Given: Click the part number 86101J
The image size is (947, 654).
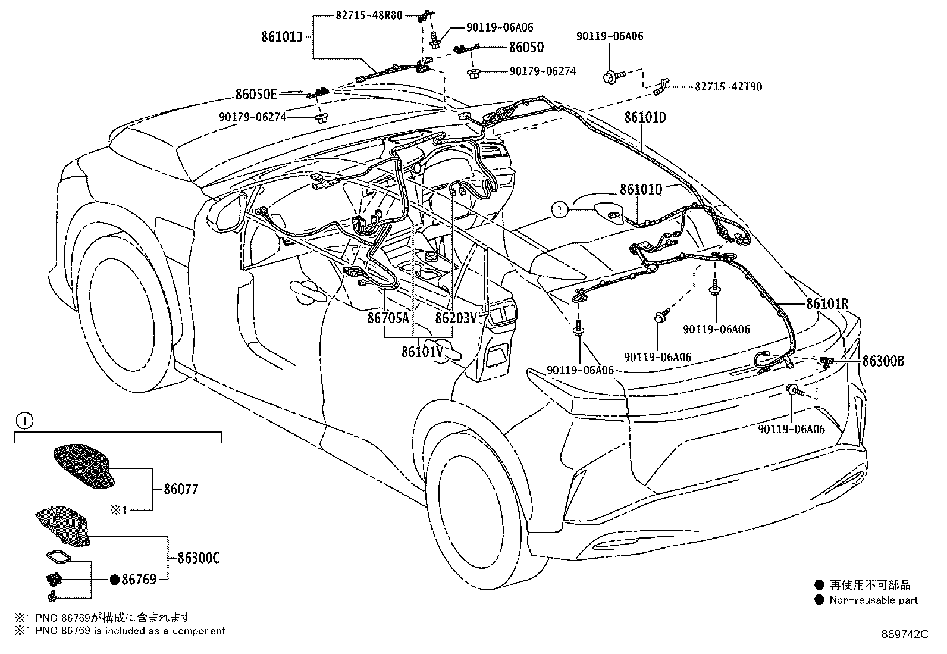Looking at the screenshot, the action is pos(282,37).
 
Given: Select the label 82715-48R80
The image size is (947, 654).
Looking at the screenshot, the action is pos(369,15).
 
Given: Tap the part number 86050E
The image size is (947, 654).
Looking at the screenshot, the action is pos(256,94).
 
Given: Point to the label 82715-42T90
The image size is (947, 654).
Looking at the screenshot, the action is pos(729,87).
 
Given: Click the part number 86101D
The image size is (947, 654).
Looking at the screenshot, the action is pos(645,117).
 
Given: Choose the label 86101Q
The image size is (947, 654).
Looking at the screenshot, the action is pos(641,189).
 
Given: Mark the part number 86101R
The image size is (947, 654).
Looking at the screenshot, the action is pos(827,303).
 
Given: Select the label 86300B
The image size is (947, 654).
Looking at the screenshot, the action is pos(883,361).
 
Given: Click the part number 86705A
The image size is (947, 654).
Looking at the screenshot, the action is pos(388,318).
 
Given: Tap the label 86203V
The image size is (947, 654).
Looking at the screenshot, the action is pos(456,318).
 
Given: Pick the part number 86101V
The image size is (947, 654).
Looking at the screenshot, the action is pos(422,352).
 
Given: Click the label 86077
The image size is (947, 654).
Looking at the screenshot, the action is pos(181,489).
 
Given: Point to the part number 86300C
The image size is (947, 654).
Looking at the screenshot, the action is pos(198,558).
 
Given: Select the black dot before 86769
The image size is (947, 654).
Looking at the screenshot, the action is pos(115,580).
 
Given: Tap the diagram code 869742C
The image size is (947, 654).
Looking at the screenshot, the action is pos(905,634).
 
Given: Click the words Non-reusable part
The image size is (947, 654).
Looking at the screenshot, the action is pos(873,600).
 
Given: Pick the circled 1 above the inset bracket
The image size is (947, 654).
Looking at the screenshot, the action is pos(24,421).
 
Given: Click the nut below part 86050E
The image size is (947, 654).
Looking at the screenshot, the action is pos(322,117).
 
